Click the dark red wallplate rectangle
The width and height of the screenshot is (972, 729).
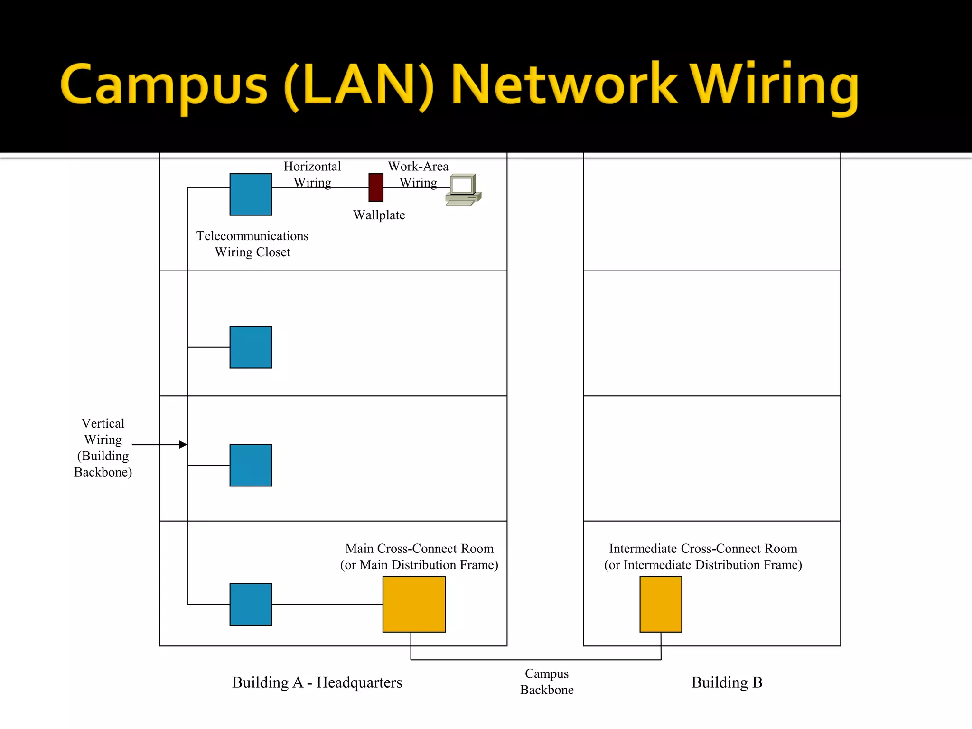pos(376,187)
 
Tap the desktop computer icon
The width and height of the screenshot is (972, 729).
pos(463,190)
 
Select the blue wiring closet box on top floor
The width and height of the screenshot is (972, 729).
pos(251,195)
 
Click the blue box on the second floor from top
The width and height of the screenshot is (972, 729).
pos(251,347)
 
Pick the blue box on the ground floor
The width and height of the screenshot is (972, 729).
pos(251,604)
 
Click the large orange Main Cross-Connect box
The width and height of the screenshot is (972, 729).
pos(414,604)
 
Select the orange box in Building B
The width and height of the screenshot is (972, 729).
pos(661,604)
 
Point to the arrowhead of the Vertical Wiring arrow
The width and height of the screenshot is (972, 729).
pos(183,445)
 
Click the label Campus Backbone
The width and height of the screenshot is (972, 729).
pos(547,682)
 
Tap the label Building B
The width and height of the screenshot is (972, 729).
pos(727,682)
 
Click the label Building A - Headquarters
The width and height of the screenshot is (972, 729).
pos(317,682)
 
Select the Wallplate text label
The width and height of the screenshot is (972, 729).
pos(379,215)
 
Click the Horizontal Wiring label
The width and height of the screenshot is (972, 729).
pos(312,174)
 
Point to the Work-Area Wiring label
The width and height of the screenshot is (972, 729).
pos(418,174)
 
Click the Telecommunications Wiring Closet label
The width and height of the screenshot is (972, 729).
pos(252,244)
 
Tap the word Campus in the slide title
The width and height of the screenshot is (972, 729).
pos(164,85)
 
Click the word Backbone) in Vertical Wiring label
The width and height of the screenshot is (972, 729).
pos(103,472)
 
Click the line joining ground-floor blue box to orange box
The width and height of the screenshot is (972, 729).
pos(327,604)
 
